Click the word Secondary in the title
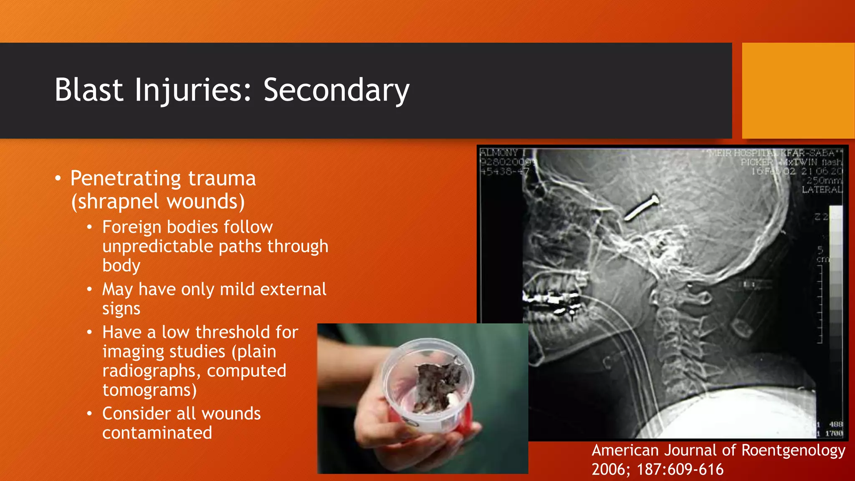point(336,90)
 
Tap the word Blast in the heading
point(89,90)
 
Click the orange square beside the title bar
point(798,91)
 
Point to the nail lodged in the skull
point(641,207)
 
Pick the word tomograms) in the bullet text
point(149,390)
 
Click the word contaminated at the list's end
point(157,433)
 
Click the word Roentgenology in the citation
point(793,450)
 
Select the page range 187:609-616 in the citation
point(680,469)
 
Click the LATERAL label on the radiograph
point(821,190)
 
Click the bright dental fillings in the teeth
point(551,300)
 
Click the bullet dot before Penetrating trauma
point(58,179)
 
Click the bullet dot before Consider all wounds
point(89,414)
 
